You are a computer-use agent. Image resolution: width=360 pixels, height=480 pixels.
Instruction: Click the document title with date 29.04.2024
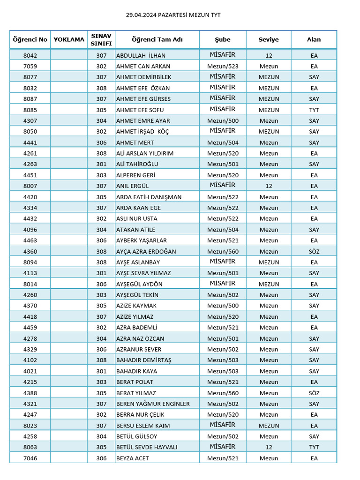pos(173,15)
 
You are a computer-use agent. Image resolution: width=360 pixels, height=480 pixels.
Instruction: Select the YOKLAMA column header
pos(69,39)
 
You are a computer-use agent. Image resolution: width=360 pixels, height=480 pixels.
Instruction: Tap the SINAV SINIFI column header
pos(101,39)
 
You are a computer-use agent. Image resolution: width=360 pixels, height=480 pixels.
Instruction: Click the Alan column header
pos(314,39)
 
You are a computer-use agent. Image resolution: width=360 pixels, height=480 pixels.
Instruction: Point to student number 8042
pos(30,55)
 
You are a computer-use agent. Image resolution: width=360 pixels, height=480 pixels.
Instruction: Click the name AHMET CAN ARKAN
pos(143,66)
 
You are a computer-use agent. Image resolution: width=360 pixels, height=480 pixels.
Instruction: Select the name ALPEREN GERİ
pos(135,175)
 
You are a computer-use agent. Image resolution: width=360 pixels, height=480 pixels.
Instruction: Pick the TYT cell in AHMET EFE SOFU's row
pos(314,110)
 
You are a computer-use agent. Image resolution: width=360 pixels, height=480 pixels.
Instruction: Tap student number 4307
pos(30,120)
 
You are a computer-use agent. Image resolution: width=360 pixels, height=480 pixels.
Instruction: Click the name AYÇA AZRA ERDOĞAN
pos(146,251)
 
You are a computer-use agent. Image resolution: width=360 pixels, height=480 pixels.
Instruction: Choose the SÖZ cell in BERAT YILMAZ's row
pos(314,393)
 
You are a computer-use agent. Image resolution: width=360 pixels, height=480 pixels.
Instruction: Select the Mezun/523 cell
pos(223,66)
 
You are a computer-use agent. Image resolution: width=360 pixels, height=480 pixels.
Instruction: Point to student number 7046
pos(30,458)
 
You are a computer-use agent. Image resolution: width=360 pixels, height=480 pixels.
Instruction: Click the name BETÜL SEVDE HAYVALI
pos(147,447)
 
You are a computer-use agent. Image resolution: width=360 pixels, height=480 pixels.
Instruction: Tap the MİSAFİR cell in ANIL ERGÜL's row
pos(223,186)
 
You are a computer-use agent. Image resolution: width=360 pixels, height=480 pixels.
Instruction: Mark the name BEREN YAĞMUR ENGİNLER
pos(153,404)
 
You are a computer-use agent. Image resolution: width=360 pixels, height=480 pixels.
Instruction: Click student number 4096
pos(30,230)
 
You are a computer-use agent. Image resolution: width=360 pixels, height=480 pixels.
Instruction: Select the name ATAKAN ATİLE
pos(135,230)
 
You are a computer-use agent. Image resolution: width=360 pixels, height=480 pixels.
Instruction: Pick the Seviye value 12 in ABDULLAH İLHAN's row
pos(269,55)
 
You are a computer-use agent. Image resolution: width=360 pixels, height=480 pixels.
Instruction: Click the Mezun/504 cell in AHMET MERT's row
pos(223,142)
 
